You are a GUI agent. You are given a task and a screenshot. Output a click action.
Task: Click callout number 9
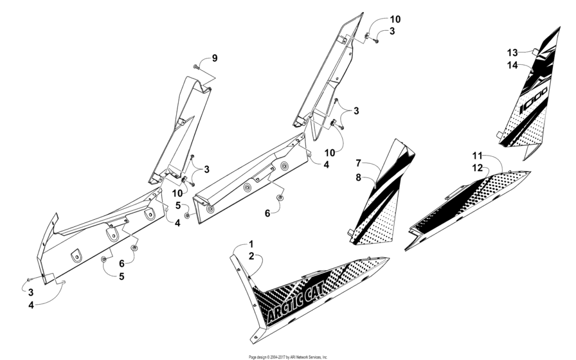click(215, 59)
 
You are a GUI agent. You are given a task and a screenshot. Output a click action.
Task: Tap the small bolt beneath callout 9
click(195, 66)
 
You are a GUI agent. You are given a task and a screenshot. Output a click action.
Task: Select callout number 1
click(251, 244)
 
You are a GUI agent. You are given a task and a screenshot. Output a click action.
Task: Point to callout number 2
click(251, 256)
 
